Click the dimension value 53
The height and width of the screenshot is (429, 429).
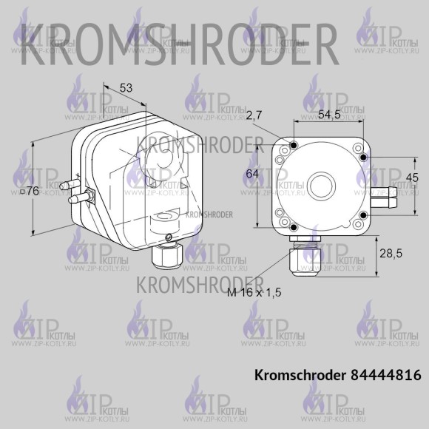pos(126,88)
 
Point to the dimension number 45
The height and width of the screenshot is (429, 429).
pos(413,177)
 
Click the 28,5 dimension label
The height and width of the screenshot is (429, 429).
pos(390,254)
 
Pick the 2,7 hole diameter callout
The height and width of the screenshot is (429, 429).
pos(254,115)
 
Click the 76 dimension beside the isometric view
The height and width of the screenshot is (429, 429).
pos(29,191)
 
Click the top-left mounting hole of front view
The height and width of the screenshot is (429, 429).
pos(293,145)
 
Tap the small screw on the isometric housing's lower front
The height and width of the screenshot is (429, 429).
pos(169,237)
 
